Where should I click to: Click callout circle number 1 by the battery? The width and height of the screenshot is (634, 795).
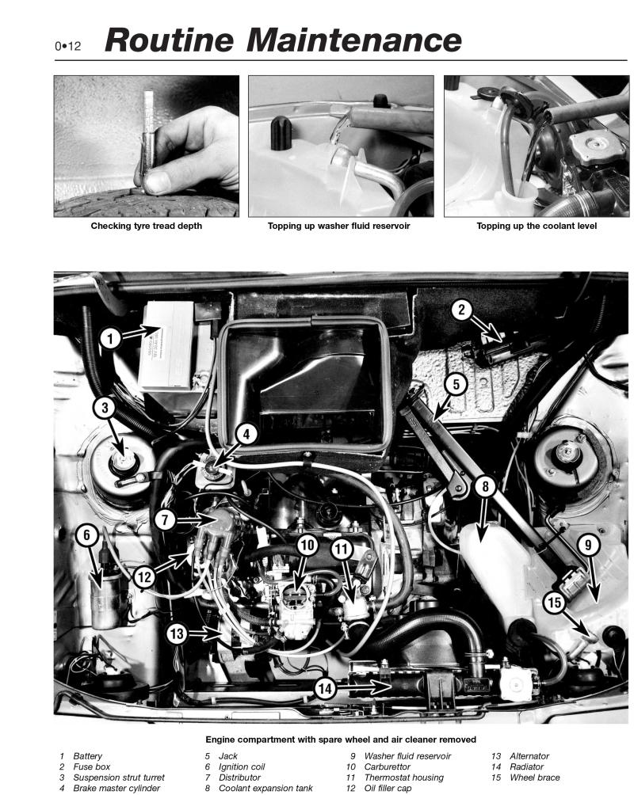(x=112, y=339)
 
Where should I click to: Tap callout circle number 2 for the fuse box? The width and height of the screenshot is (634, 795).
(x=462, y=310)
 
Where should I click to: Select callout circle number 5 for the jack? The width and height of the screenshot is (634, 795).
(x=455, y=386)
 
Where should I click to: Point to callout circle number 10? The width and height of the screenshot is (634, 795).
(x=307, y=545)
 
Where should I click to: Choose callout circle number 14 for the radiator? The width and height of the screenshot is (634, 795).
(x=324, y=689)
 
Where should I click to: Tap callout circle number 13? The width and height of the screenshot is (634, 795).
(x=178, y=632)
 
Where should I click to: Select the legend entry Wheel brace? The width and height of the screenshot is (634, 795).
(x=535, y=778)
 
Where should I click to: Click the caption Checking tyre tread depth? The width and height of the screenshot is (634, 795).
(x=147, y=226)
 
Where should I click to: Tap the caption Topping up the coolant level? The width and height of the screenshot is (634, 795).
(x=537, y=226)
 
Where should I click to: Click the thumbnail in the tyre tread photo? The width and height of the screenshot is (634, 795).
(x=156, y=182)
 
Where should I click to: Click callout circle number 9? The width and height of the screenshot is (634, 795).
(x=588, y=545)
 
